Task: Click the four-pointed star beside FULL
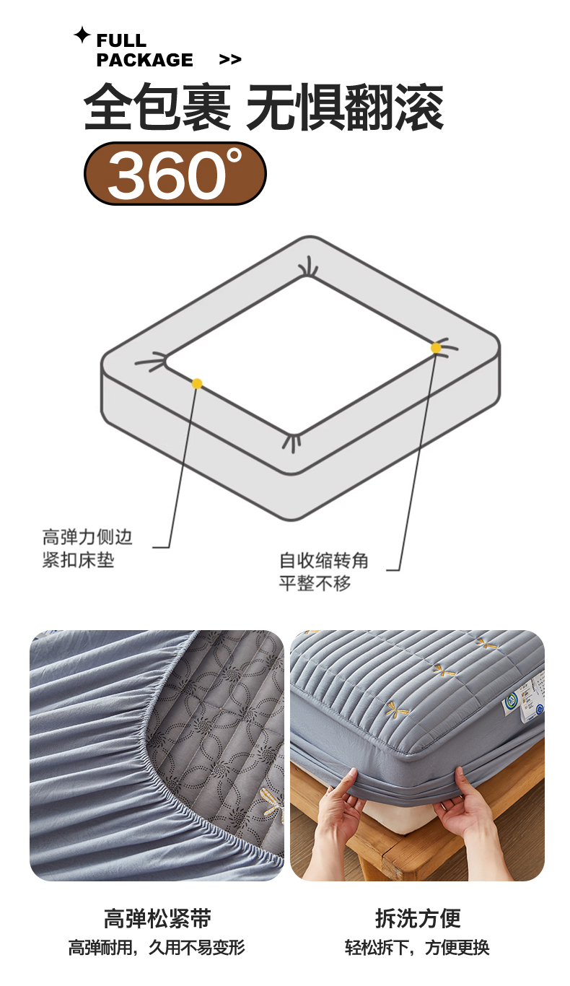coord(82,35)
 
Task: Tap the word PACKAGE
coord(144,60)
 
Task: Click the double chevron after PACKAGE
coord(230,59)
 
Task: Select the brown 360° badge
coord(175,173)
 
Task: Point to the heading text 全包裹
coord(157,107)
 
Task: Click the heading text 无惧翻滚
coord(345,107)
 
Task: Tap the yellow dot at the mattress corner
coord(436,348)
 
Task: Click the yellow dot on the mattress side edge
coord(197,383)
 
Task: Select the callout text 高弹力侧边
coord(87,537)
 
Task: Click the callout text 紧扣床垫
coord(79,560)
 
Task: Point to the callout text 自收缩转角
coord(323,560)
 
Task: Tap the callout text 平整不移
coord(315,583)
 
